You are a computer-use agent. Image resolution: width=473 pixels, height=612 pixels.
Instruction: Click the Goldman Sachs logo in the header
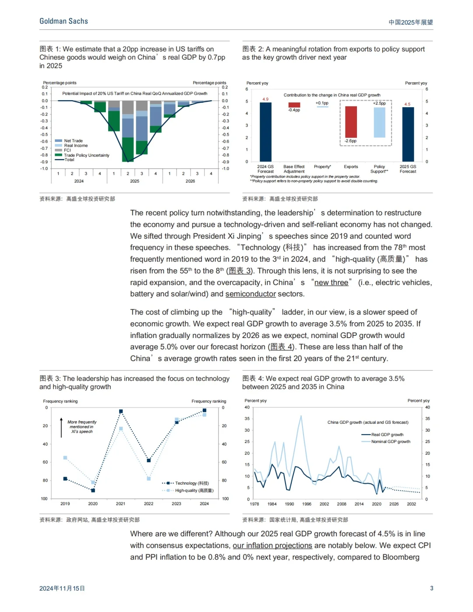[x=64, y=21]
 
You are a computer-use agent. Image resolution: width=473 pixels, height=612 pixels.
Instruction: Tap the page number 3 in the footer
[x=431, y=588]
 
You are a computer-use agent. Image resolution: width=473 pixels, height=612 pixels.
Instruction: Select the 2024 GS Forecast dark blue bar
[x=265, y=132]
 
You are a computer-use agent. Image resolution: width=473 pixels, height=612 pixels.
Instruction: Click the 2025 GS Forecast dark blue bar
[x=408, y=134]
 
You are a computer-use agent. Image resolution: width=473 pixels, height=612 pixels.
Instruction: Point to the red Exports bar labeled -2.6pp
[x=351, y=122]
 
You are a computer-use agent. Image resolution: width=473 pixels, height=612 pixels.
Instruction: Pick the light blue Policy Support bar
[x=379, y=122]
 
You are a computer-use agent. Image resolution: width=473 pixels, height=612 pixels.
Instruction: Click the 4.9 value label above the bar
[x=265, y=99]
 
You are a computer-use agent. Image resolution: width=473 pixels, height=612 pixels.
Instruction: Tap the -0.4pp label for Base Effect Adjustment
[x=294, y=110]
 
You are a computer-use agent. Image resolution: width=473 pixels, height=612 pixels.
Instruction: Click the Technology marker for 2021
[x=121, y=412]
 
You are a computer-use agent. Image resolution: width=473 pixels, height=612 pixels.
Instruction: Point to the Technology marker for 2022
[x=149, y=461]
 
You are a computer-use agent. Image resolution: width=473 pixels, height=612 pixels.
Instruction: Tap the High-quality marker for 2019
[x=65, y=458]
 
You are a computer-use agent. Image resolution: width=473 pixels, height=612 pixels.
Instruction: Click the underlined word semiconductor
[x=251, y=294]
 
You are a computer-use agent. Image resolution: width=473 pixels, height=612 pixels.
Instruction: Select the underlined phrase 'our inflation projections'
[x=272, y=545]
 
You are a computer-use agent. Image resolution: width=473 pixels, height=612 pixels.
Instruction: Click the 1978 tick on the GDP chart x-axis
[x=254, y=504]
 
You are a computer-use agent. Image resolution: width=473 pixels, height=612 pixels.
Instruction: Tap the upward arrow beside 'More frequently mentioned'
[x=61, y=427]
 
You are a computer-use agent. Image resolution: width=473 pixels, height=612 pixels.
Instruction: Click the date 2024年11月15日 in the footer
[x=62, y=588]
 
